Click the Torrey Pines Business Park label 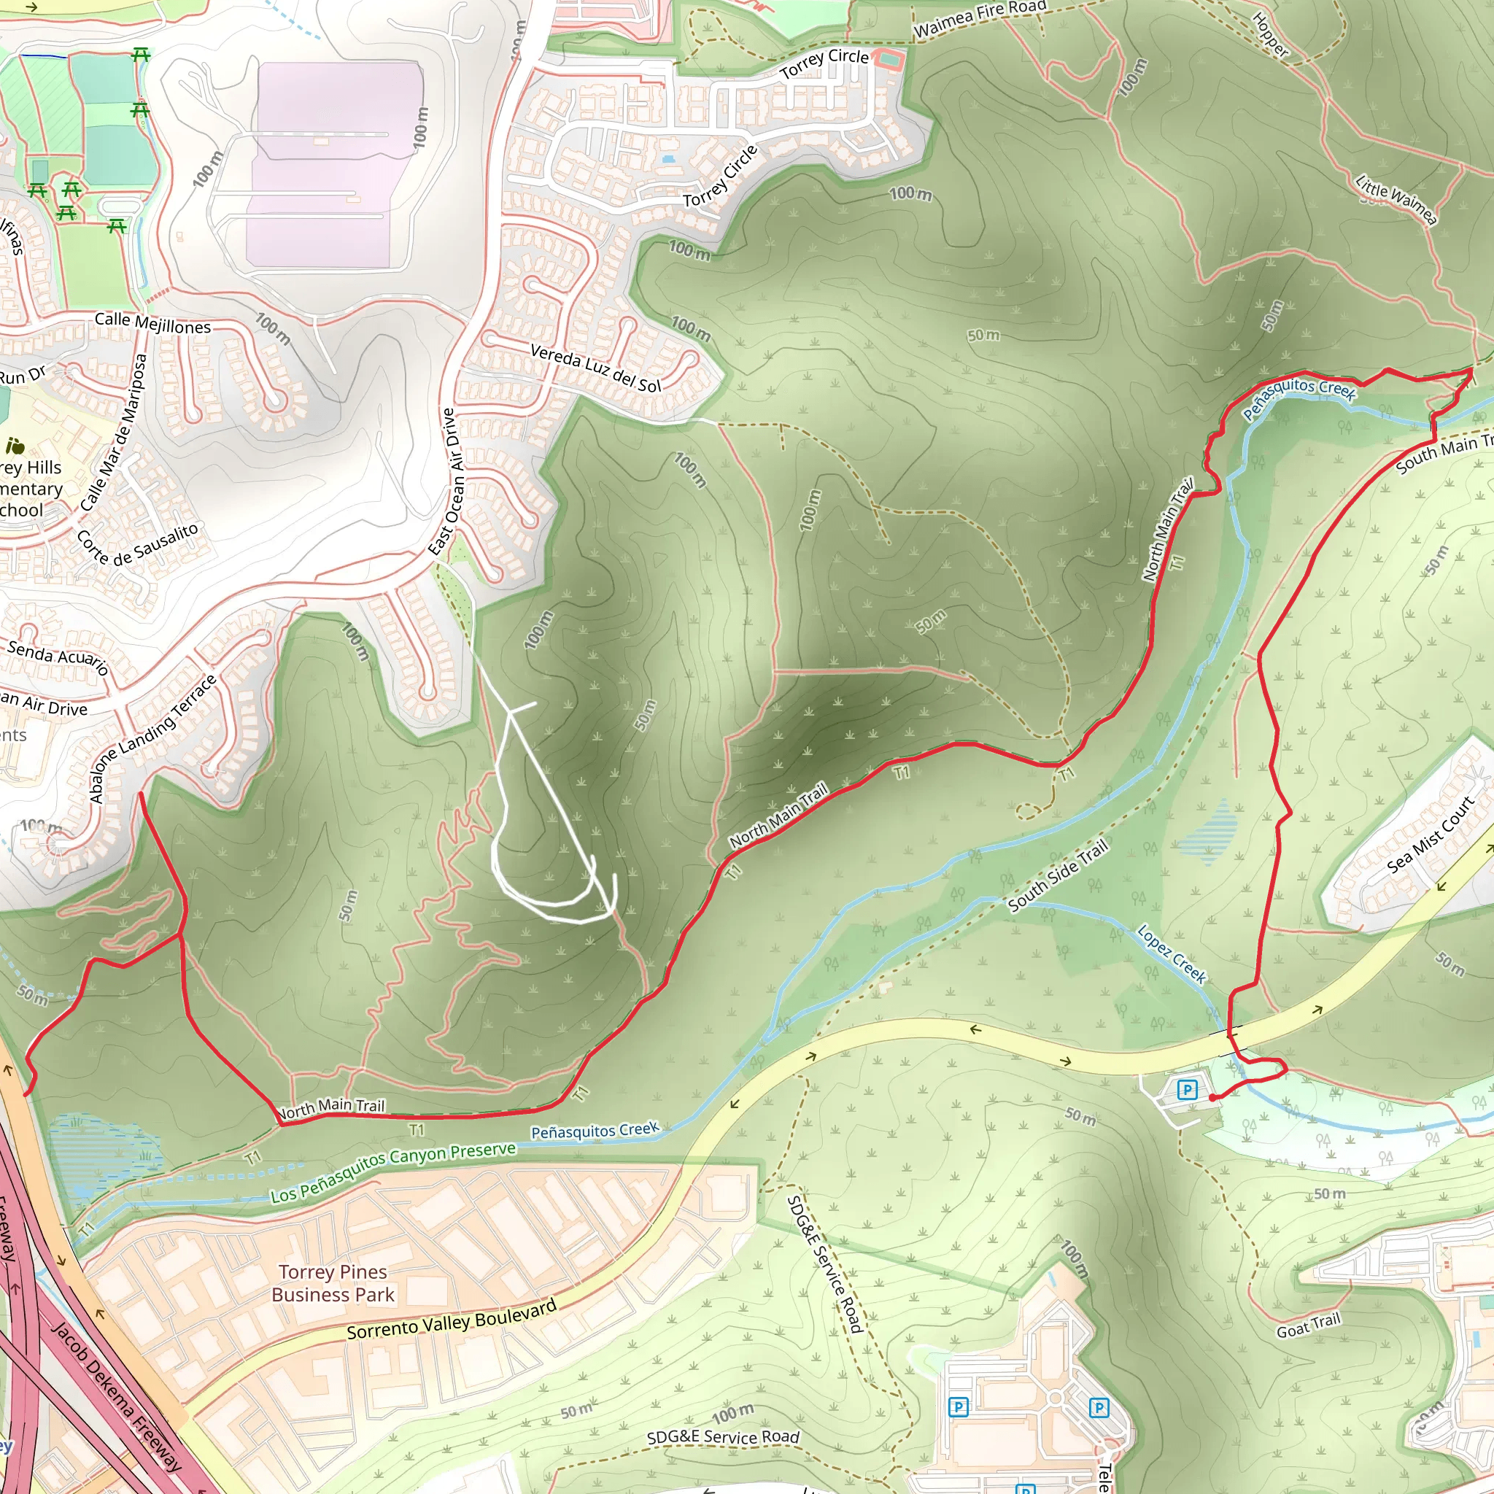[333, 1283]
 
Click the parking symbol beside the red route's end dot [1187, 1091]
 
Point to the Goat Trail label [1309, 1326]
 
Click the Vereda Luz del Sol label [595, 369]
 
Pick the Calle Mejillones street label [152, 323]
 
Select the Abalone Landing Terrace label [152, 739]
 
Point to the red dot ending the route [1212, 1098]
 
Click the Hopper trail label [1271, 36]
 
